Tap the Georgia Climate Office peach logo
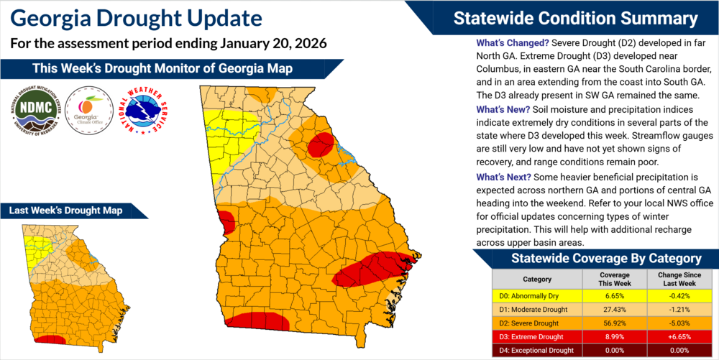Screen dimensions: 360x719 click(x=87, y=109)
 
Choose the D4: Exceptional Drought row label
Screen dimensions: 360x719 click(x=533, y=350)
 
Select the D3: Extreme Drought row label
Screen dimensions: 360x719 click(x=533, y=336)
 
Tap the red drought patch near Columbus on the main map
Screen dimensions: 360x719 click(x=226, y=222)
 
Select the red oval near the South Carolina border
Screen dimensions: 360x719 click(x=320, y=144)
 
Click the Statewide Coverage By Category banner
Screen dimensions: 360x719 click(x=595, y=258)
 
